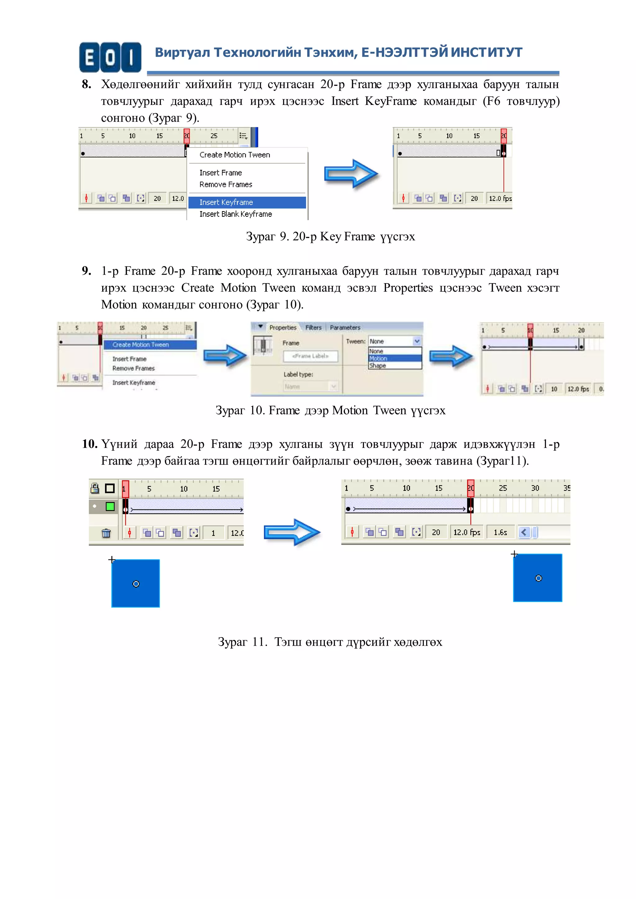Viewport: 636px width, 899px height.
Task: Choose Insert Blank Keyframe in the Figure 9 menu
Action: coord(235,214)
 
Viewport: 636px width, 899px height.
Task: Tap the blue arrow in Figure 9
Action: coord(351,174)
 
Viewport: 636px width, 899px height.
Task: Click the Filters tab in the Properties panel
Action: coord(313,327)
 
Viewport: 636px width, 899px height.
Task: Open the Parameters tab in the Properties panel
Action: coord(345,327)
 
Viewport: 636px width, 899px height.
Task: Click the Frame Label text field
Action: coord(310,356)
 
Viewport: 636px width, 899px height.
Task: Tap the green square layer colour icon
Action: coord(110,506)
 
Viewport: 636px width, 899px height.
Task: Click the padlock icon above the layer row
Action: coord(95,488)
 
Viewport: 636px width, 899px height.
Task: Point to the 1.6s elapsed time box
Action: coord(500,532)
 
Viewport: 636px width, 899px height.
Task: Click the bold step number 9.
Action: coord(87,271)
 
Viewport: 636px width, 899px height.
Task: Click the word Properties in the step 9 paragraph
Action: coord(408,288)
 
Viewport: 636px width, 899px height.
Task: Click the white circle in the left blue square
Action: coord(136,584)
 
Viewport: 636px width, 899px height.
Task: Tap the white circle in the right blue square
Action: coord(538,578)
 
